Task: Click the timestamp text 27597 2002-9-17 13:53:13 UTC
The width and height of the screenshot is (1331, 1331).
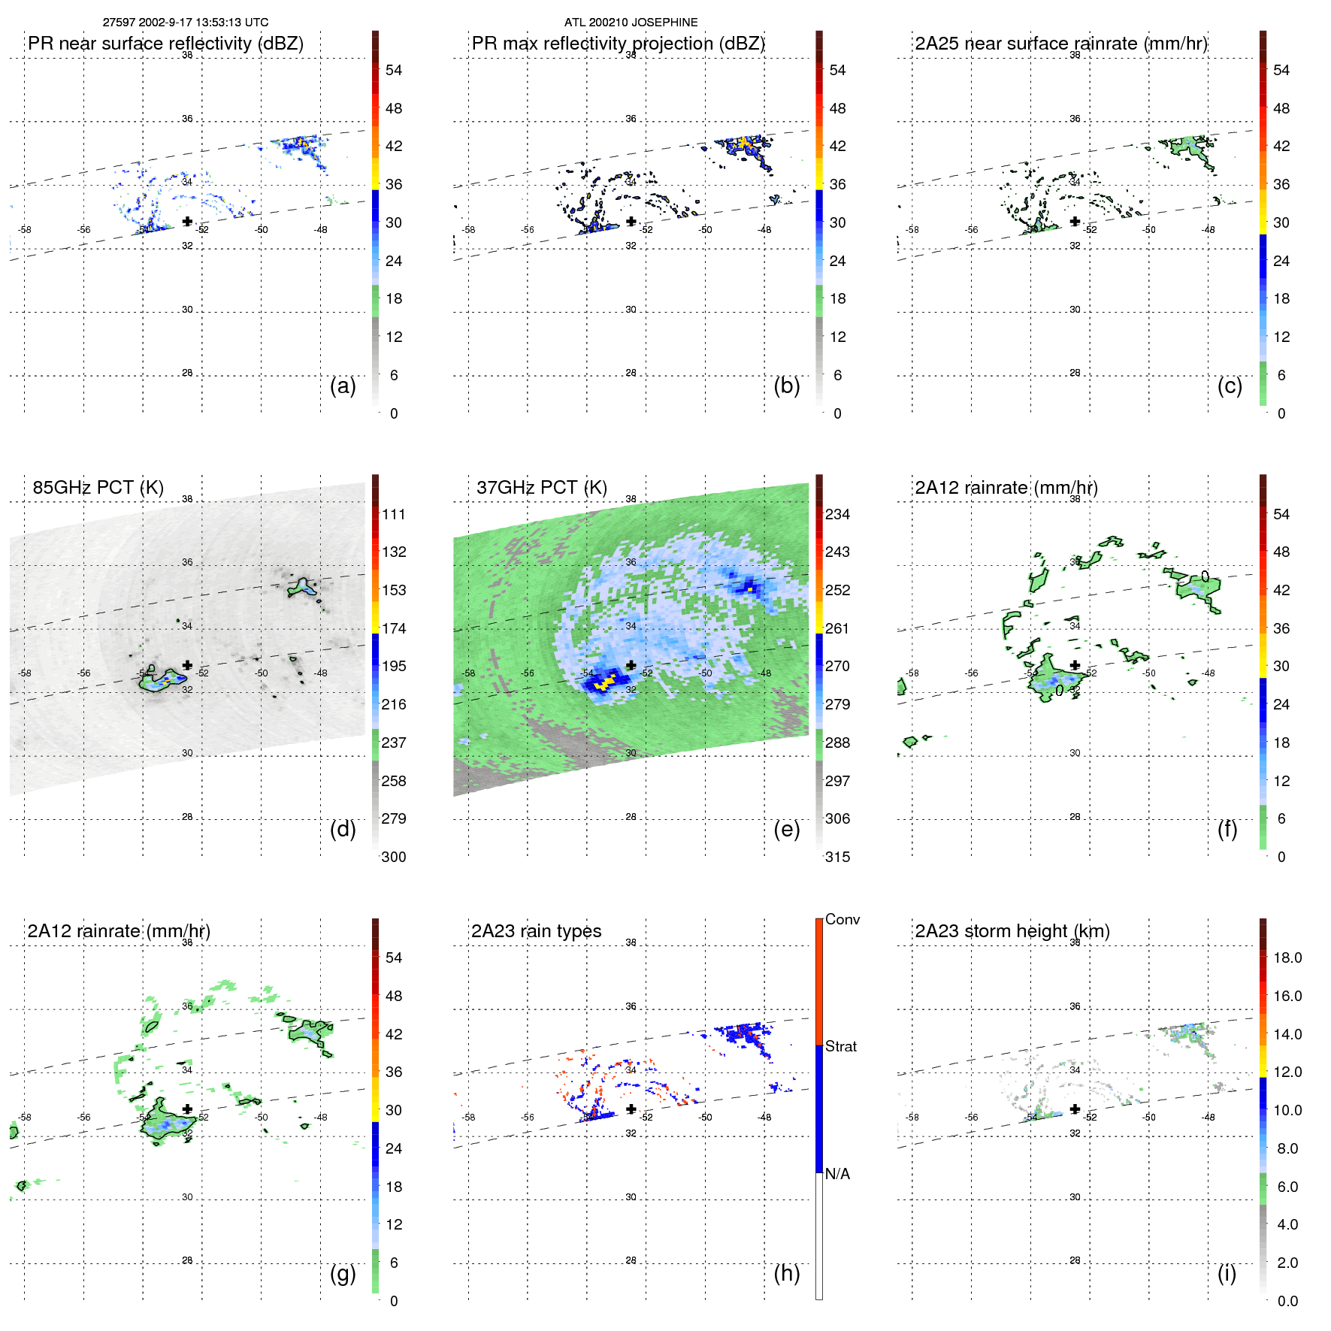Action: [186, 23]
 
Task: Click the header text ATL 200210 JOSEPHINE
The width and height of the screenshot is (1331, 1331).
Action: [631, 23]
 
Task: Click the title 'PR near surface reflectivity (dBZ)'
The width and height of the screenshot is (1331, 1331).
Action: [165, 44]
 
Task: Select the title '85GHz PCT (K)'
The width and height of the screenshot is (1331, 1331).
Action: [98, 488]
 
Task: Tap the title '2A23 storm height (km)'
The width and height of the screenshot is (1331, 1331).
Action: [1012, 931]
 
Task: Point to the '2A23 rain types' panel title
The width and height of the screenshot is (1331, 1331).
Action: [536, 931]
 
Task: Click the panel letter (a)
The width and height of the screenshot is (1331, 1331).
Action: [343, 386]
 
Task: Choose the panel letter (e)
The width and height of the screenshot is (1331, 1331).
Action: [786, 830]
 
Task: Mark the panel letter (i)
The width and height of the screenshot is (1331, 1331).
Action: [1227, 1273]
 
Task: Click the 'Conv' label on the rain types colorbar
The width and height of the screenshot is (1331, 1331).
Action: [842, 920]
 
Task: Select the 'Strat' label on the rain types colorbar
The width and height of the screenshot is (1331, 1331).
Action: [840, 1047]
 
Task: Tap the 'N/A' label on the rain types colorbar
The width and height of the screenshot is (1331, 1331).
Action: [837, 1174]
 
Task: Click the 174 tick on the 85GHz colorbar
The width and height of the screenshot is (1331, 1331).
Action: [394, 628]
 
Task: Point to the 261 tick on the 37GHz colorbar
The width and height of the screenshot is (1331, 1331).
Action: [837, 628]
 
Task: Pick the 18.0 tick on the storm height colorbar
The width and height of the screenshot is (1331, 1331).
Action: [1287, 958]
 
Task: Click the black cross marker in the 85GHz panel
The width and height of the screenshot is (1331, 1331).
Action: [187, 665]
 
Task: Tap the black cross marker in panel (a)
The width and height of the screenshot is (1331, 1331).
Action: [187, 222]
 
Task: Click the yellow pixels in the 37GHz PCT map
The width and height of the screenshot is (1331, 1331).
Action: [603, 683]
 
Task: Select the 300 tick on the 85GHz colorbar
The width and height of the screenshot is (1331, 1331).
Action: [394, 857]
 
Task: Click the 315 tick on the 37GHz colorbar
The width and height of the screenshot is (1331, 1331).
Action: [837, 857]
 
